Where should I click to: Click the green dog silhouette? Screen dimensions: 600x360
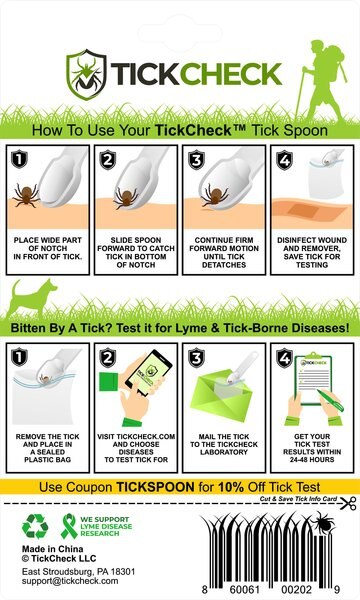(x=37, y=299)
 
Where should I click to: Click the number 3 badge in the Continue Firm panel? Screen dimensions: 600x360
(x=196, y=157)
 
